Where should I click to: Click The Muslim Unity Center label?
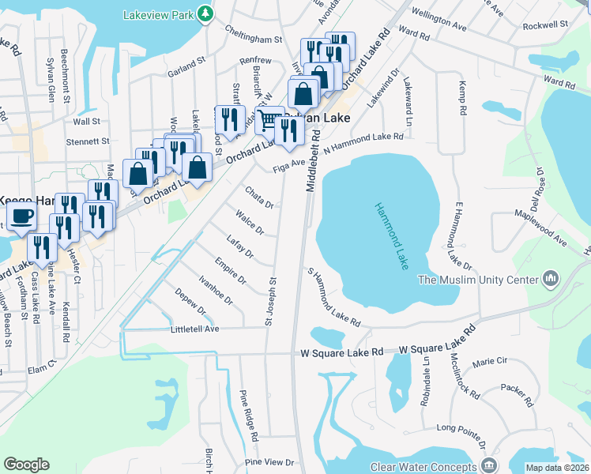[x=478, y=280]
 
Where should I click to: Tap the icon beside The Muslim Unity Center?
[x=551, y=279]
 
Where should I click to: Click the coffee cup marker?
[x=21, y=215]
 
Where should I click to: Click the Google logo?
[x=26, y=465]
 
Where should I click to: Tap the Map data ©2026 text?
[x=558, y=468]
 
